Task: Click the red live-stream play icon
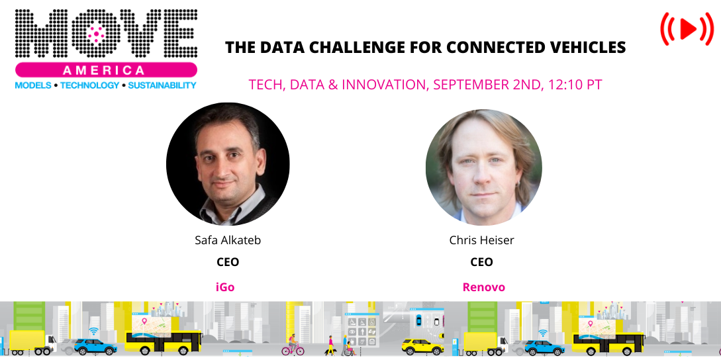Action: click(x=687, y=28)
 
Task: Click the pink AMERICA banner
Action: click(x=106, y=70)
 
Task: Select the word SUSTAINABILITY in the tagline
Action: click(x=162, y=85)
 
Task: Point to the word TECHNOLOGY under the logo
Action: click(x=90, y=85)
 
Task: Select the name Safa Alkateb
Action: click(x=228, y=240)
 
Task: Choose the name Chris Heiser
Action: click(x=481, y=240)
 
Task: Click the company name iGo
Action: click(x=225, y=287)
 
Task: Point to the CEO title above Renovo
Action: click(x=481, y=262)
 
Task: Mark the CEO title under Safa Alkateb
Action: click(x=228, y=262)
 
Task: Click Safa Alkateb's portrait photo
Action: click(x=228, y=163)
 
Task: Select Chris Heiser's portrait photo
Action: click(x=484, y=167)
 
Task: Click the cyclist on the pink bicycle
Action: click(x=292, y=345)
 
